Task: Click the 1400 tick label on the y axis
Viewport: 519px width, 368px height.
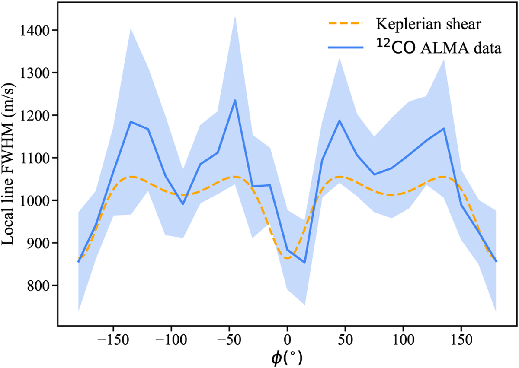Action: pyautogui.click(x=38, y=30)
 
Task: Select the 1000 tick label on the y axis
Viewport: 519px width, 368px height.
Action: pyautogui.click(x=38, y=200)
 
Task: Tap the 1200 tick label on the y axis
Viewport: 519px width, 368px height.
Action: pyautogui.click(x=38, y=115)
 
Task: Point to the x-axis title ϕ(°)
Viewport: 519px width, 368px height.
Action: pyautogui.click(x=287, y=357)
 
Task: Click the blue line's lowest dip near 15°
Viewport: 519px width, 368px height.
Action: pyautogui.click(x=304, y=263)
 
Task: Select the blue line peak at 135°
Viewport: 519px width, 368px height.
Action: pyautogui.click(x=444, y=128)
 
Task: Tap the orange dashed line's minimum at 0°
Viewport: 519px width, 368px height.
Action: pyautogui.click(x=287, y=258)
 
